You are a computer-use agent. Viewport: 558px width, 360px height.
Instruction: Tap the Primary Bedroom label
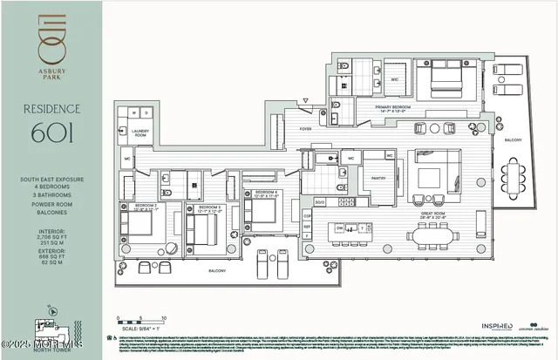(392, 109)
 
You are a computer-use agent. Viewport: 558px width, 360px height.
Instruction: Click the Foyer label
(305, 128)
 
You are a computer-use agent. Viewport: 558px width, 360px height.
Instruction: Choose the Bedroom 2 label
(133, 207)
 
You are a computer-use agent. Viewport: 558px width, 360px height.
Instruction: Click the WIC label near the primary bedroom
(394, 78)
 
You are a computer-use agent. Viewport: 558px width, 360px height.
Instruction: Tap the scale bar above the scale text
(139, 321)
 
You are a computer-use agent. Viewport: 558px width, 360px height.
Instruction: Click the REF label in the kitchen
(307, 226)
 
